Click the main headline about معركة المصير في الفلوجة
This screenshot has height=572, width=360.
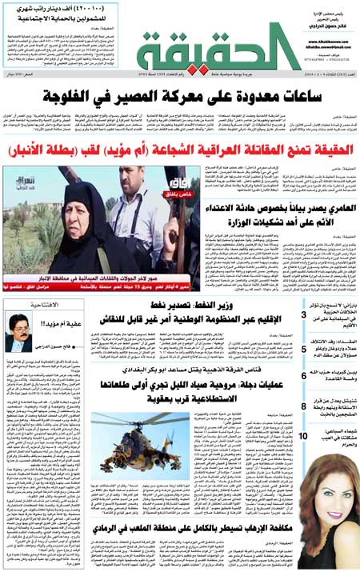point(179,96)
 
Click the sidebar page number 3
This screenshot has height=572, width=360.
point(303,314)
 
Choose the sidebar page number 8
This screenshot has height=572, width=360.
point(303,407)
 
